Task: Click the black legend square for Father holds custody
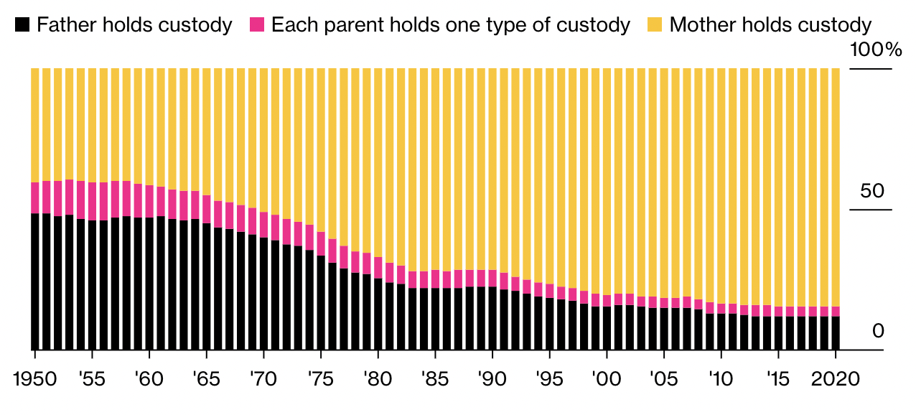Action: coord(22,26)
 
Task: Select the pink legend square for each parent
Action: coord(258,26)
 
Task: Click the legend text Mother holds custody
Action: coord(770,26)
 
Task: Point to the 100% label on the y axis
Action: coord(874,50)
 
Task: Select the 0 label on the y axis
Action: coord(877,331)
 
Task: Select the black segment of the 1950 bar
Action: coord(34,280)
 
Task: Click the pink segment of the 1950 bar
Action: coord(34,197)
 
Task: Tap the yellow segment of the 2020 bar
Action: coord(836,187)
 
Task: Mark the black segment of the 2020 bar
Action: coord(836,332)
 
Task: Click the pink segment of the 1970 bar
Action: coord(263,225)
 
